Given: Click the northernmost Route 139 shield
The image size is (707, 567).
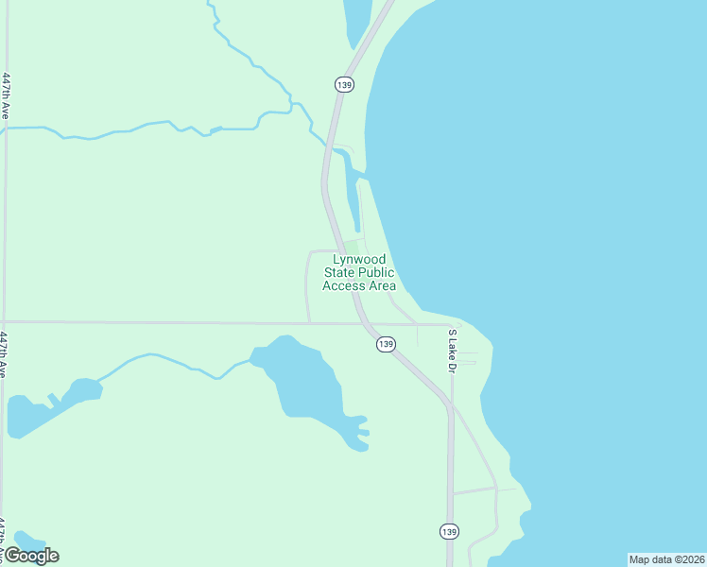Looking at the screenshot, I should coord(344,85).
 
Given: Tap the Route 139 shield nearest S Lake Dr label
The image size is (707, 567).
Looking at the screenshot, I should coord(385,344).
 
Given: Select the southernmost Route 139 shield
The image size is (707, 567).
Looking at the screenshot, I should coord(449,531).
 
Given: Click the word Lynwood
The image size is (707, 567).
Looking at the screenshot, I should coord(359,260).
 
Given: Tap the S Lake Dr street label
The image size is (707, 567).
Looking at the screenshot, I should coord(452,351).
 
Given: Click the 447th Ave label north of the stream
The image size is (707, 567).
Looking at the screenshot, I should coord(7,95).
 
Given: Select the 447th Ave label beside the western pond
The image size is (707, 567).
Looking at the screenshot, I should coord(5,354).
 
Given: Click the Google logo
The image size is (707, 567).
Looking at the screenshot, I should coord(31,556).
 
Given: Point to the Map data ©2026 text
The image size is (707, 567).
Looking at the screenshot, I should coord(666,558).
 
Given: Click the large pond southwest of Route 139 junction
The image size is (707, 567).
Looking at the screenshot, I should coord(302,378).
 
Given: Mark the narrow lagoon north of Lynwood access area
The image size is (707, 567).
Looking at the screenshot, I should coord(353,203).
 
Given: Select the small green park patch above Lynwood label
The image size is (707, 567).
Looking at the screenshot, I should coord(351,246).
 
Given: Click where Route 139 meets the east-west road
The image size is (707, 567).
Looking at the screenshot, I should coord(363,324).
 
